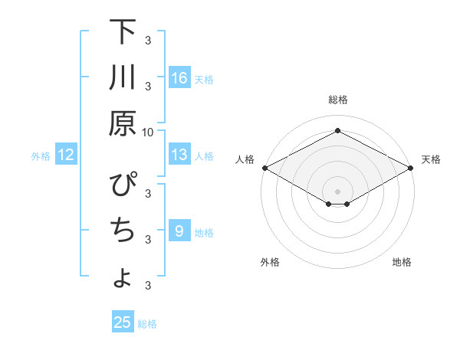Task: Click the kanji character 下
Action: click(x=123, y=34)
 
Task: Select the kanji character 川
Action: click(x=123, y=78)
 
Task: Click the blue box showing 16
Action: click(x=179, y=78)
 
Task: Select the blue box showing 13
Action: click(x=179, y=155)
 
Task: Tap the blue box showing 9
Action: click(x=179, y=231)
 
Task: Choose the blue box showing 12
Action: click(x=65, y=155)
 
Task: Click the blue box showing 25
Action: click(x=123, y=322)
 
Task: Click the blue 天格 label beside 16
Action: click(x=204, y=79)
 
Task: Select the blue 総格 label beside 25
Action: click(x=147, y=323)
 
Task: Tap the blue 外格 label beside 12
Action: click(x=41, y=156)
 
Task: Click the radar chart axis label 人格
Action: click(x=245, y=159)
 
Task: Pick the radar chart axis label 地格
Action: click(x=402, y=262)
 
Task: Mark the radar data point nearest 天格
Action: click(x=412, y=168)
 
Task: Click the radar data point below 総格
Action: click(x=337, y=131)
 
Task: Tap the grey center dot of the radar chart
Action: click(x=337, y=191)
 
